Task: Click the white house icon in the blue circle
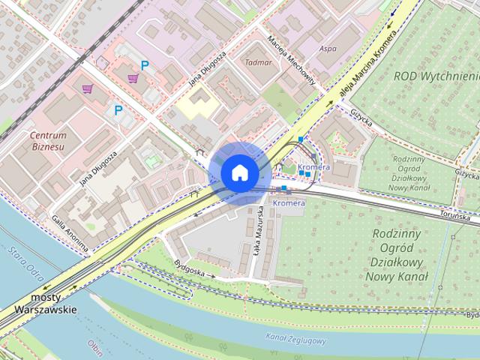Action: [239, 172]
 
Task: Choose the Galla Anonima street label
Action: [70, 232]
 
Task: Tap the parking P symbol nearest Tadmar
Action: [145, 65]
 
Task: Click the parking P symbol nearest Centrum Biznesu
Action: [118, 110]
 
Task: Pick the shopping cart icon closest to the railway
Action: [88, 89]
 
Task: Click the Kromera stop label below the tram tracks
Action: [289, 203]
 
